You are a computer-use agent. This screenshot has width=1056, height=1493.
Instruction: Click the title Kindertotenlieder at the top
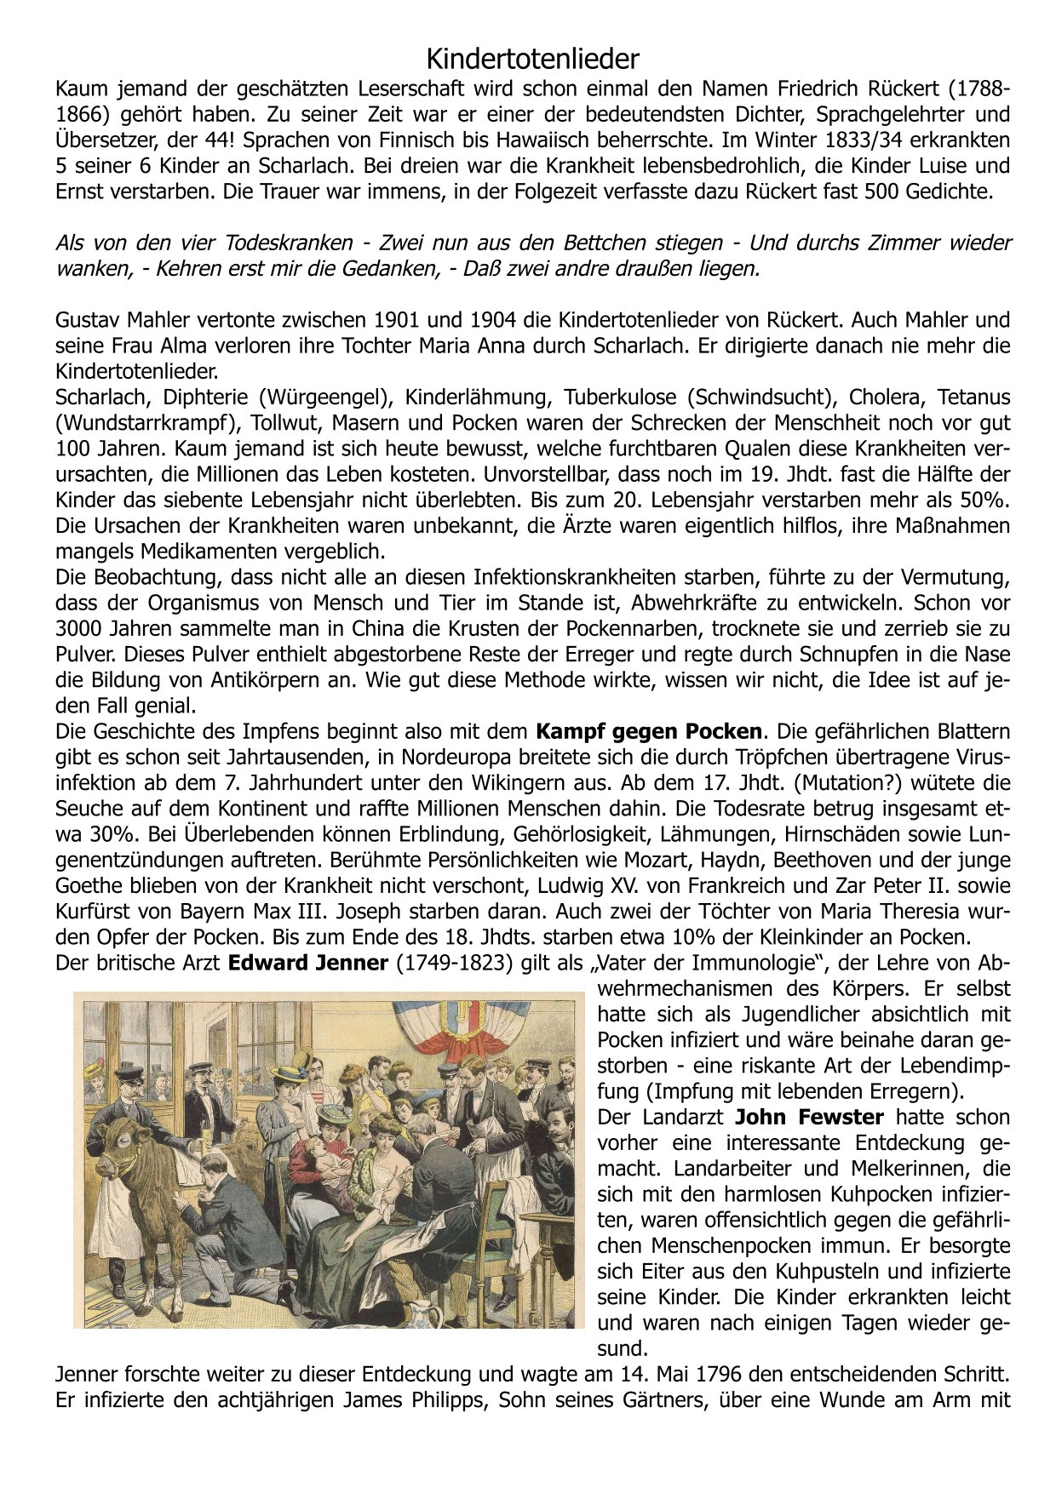(x=531, y=60)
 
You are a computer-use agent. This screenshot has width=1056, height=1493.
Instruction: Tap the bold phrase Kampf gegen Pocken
(x=648, y=731)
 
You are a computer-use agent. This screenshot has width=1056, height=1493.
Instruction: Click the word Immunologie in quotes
(x=763, y=963)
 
